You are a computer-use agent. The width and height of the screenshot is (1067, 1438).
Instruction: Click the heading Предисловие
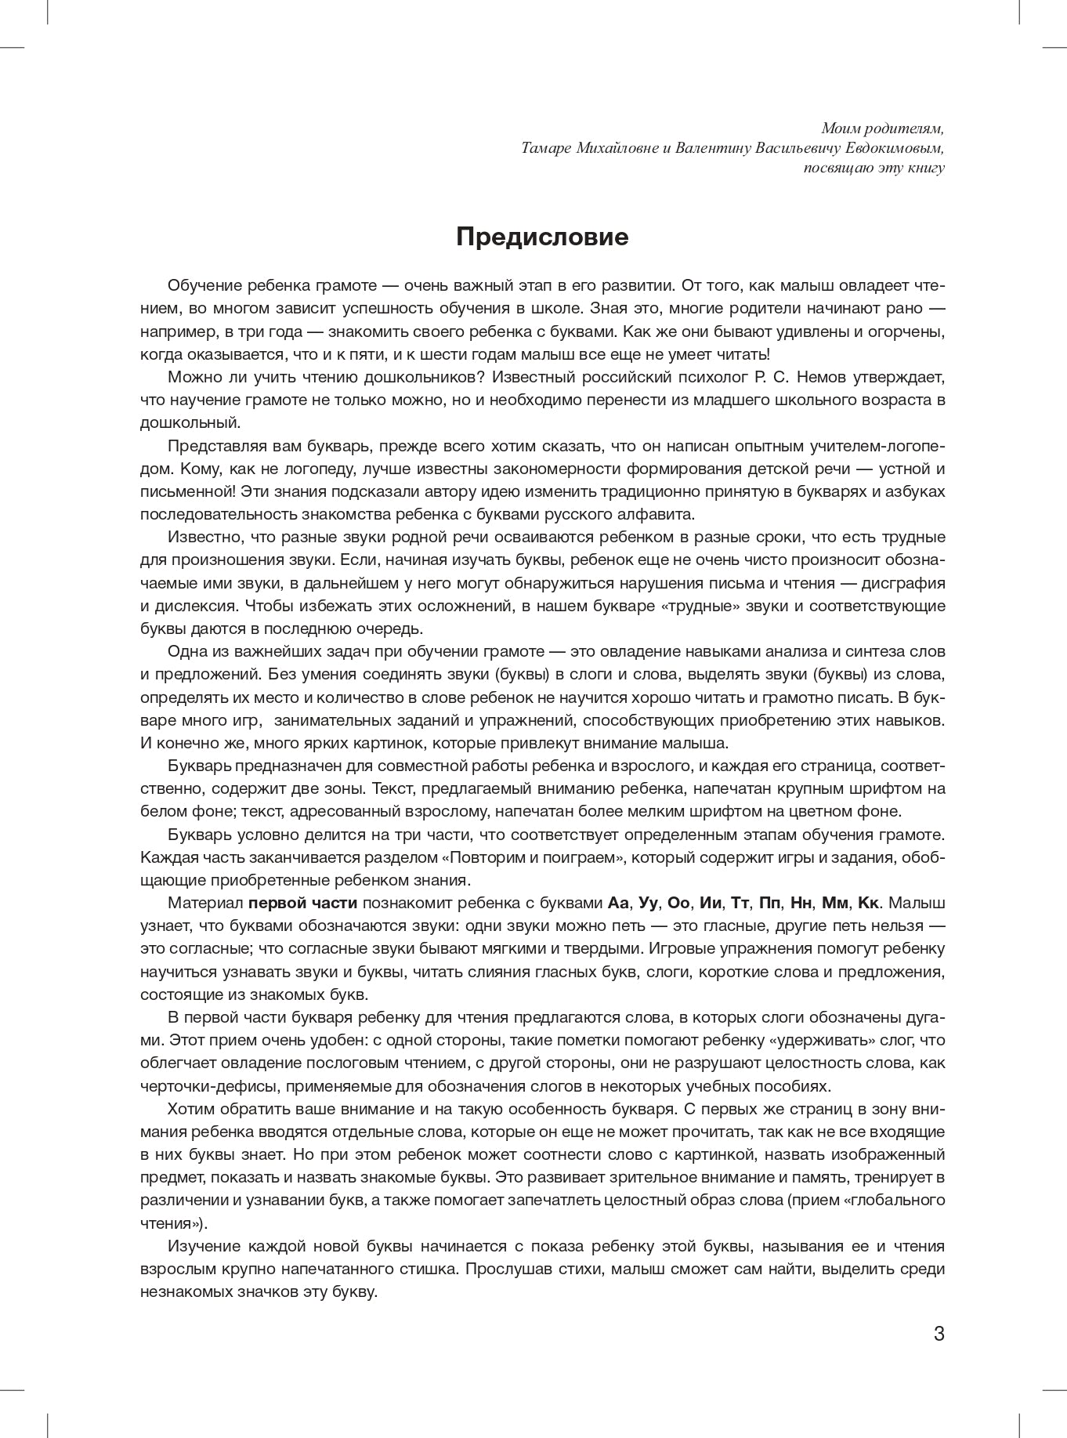point(542,237)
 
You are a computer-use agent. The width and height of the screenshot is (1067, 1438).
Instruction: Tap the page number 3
point(939,1334)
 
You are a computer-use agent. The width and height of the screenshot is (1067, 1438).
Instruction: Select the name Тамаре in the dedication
point(546,148)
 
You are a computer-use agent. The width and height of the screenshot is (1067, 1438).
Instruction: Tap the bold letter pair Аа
point(619,903)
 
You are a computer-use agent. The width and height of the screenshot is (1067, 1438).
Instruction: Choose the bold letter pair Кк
point(869,903)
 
